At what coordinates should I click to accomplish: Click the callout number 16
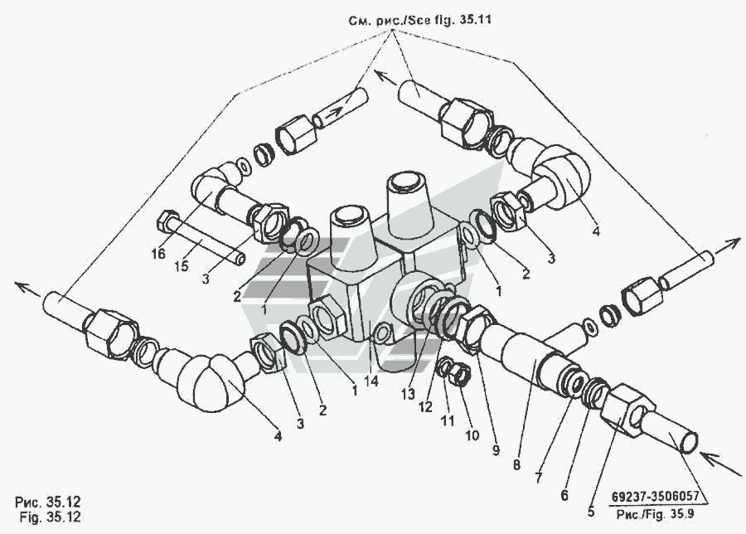coord(158,254)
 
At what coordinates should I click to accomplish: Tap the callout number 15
coord(182,266)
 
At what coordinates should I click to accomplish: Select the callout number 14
coord(371,381)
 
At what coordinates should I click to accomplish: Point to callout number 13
coord(408,394)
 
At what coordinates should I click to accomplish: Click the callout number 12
coord(425,407)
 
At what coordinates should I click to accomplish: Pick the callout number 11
coord(448,420)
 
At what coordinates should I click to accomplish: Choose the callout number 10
coord(472,435)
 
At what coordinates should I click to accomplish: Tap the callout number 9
coord(497,450)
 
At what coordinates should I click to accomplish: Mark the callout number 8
coord(517,464)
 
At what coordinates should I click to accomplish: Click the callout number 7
coord(539,478)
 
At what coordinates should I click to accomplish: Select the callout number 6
coord(564,495)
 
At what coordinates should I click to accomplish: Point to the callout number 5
coord(591,512)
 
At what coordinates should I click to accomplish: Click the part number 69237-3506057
coord(655,497)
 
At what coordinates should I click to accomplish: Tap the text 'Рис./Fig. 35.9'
coord(655,514)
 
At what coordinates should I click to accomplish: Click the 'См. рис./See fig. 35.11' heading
coord(420,20)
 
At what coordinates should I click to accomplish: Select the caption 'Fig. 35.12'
coord(51,517)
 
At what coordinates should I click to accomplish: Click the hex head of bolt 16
coord(166,221)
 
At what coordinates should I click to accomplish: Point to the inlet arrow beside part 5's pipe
coord(720,463)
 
